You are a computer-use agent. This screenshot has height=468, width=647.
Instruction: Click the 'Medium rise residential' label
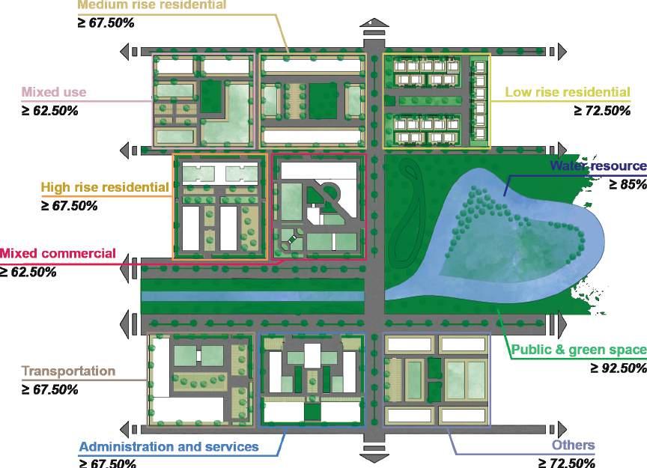pyautogui.click(x=152, y=5)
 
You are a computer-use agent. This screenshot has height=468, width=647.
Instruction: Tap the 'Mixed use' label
pyautogui.click(x=54, y=93)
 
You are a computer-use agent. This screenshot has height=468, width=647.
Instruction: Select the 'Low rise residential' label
pyautogui.click(x=567, y=93)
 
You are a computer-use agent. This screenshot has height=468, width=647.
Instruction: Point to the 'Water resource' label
pyautogui.click(x=597, y=165)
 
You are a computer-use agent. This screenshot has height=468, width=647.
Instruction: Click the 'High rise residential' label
pyautogui.click(x=105, y=186)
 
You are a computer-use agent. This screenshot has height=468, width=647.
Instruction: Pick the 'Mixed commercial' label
pyautogui.click(x=58, y=253)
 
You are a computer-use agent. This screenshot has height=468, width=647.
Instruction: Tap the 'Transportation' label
pyautogui.click(x=68, y=371)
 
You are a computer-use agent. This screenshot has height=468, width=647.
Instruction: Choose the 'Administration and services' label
pyautogui.click(x=168, y=447)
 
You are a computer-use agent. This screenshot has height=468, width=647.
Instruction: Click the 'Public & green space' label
pyautogui.click(x=577, y=350)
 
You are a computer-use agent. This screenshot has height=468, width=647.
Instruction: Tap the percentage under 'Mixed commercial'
pyautogui.click(x=28, y=272)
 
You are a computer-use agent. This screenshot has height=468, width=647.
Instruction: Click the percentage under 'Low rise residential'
pyautogui.click(x=602, y=111)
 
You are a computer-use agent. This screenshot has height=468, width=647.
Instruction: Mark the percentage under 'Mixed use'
pyautogui.click(x=49, y=111)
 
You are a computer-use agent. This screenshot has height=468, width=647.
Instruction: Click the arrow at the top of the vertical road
pyautogui.click(x=374, y=28)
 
